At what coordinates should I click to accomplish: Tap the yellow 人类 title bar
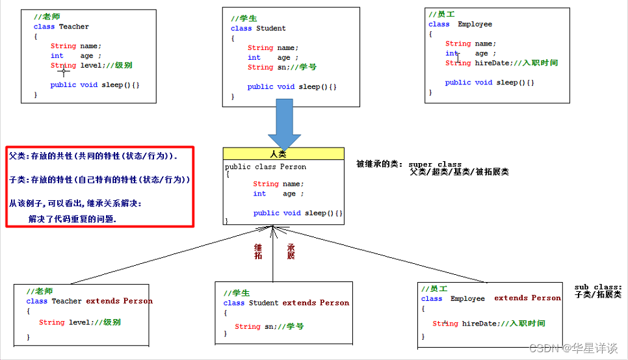tap(283, 153)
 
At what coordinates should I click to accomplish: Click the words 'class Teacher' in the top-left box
tap(61, 27)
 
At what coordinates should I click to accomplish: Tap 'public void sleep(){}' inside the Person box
tap(298, 212)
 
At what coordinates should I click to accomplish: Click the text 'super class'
tap(435, 164)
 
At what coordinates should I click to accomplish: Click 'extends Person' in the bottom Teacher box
tap(119, 301)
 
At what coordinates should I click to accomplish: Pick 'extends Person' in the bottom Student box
tap(315, 302)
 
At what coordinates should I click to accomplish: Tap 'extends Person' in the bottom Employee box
tap(527, 298)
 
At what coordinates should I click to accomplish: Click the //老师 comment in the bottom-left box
tap(40, 290)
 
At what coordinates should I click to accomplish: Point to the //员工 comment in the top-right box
tap(441, 14)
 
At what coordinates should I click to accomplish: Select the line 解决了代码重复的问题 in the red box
tap(72, 219)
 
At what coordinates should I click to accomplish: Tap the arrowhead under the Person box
tap(274, 229)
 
